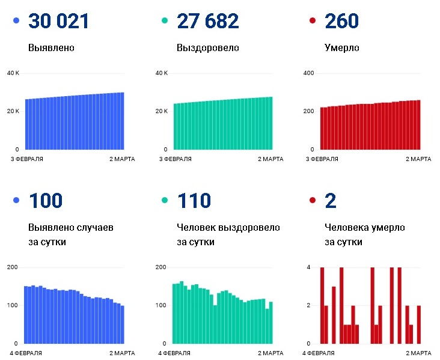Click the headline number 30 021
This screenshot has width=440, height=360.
pyautogui.click(x=59, y=21)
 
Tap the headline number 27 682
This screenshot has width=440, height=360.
pyautogui.click(x=207, y=21)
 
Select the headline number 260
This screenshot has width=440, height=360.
pyautogui.click(x=341, y=21)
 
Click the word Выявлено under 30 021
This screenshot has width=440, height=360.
pyautogui.click(x=51, y=47)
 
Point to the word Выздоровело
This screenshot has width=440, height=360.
pyautogui.click(x=207, y=48)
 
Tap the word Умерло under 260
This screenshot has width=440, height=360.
pyautogui.click(x=342, y=48)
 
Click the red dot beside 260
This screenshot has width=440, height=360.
pyautogui.click(x=313, y=20)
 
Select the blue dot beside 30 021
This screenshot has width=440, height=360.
pyautogui.click(x=16, y=20)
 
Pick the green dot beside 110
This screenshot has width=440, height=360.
pyautogui.click(x=165, y=200)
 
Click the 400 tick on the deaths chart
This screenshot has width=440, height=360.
pyautogui.click(x=308, y=73)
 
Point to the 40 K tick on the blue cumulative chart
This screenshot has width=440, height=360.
pyautogui.click(x=13, y=73)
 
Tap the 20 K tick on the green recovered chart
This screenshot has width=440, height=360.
pyautogui.click(x=161, y=111)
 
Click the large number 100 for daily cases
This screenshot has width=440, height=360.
pyautogui.click(x=46, y=201)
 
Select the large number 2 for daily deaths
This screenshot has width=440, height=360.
pyautogui.click(x=330, y=201)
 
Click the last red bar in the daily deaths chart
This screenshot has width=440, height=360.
pyautogui.click(x=419, y=325)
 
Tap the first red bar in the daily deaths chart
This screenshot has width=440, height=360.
pyautogui.click(x=322, y=305)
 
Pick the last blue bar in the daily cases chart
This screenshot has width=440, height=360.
pyautogui.click(x=123, y=325)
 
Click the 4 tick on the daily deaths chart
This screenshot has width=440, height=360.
pyautogui.click(x=308, y=267)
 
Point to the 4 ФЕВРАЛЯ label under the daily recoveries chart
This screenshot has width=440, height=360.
pyautogui.click(x=174, y=353)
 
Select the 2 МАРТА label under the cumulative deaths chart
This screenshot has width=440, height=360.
pyautogui.click(x=418, y=159)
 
